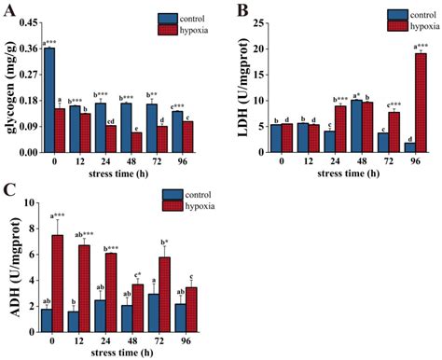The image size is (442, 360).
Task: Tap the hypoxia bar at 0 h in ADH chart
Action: click(x=58, y=284)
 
